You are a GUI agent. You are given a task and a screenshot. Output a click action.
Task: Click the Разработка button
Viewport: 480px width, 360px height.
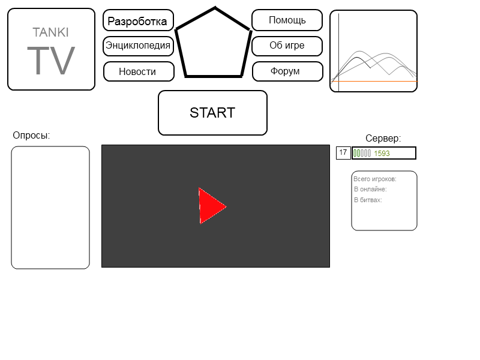click(x=138, y=20)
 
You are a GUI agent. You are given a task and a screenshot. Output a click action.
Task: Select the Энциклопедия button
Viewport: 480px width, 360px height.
click(x=138, y=46)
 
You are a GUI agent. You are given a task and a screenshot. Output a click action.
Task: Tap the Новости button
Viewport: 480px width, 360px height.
click(x=139, y=71)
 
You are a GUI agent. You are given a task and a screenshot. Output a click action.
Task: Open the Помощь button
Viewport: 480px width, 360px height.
click(x=287, y=20)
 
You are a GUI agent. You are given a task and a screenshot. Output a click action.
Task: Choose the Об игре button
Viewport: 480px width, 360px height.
click(x=287, y=46)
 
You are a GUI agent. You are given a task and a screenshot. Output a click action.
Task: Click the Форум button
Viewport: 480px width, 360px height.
click(x=287, y=71)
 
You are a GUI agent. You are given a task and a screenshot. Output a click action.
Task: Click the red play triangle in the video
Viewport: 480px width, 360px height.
click(x=212, y=206)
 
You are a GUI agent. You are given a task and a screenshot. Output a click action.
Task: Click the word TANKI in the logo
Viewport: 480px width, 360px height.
click(x=50, y=32)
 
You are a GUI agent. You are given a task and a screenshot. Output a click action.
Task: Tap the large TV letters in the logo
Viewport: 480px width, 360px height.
click(x=51, y=61)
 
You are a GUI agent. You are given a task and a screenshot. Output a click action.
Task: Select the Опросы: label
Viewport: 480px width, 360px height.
click(x=31, y=136)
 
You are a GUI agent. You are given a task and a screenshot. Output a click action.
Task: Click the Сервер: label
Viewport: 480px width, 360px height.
click(x=383, y=138)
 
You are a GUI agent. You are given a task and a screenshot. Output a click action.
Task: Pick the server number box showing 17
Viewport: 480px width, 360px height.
click(x=343, y=153)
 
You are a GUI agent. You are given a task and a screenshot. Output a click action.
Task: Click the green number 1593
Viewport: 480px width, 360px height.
click(x=382, y=154)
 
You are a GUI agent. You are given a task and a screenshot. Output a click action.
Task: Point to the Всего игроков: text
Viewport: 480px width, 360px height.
click(x=374, y=179)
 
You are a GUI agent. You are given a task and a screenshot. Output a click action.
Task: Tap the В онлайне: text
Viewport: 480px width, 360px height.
click(x=370, y=189)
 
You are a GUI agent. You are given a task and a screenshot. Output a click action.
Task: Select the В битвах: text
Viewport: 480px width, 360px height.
click(x=368, y=200)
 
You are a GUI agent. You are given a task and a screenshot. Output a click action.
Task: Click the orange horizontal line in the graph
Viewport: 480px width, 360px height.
click(x=374, y=82)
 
